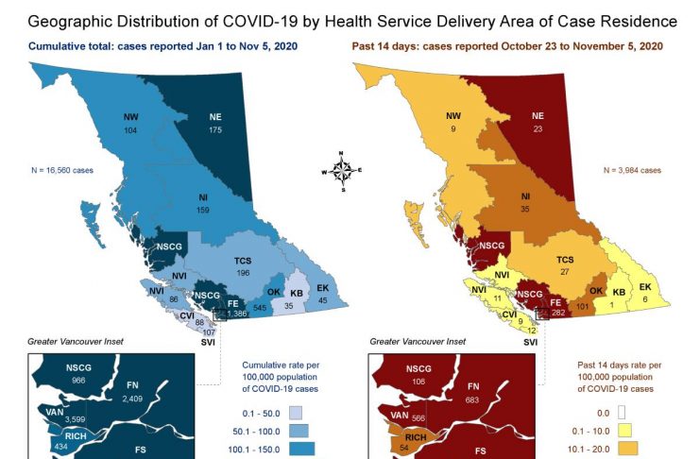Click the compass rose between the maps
343,170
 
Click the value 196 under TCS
243,273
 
